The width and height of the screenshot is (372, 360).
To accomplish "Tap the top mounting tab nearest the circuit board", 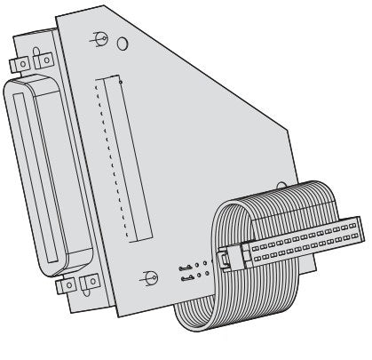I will click(40, 61).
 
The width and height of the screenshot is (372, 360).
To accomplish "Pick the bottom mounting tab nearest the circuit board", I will click(88, 283).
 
